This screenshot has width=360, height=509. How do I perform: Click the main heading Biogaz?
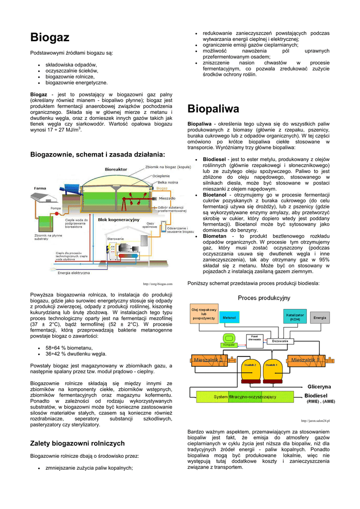50,38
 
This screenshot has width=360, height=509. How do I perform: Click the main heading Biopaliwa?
213,108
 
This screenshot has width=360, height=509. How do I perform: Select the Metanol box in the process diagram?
229,317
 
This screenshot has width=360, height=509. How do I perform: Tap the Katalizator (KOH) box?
295,317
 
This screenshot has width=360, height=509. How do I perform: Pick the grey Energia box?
320,317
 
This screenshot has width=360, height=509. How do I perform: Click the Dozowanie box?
280,341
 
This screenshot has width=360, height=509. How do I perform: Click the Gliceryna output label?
319,386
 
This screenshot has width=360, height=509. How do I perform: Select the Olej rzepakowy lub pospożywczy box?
204,314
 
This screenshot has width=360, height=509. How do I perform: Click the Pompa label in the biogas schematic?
56,208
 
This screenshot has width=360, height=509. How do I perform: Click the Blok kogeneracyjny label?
118,219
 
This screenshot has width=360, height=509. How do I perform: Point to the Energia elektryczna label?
74,272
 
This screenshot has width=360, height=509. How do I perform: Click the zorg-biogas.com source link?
158,284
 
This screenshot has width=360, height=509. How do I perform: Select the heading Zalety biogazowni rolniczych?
78,443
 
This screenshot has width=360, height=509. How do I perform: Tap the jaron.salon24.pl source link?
315,421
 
